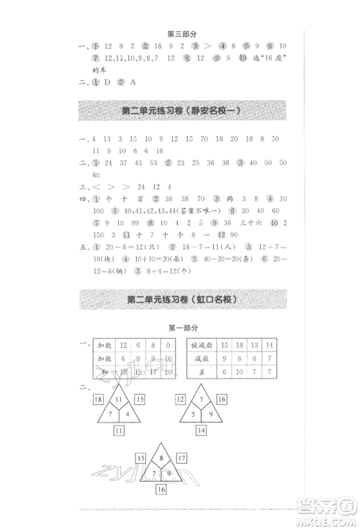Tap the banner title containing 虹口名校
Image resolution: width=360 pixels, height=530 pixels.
pos(181,299)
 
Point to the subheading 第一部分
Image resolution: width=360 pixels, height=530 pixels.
pos(180,327)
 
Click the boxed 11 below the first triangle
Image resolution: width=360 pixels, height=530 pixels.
pos(120,430)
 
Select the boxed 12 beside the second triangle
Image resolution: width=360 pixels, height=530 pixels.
pos(181,398)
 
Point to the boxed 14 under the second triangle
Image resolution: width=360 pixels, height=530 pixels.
pos(201,430)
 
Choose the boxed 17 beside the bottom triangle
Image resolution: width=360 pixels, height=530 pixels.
pos(181,457)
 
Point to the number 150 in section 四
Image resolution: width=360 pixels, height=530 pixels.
pos(97,235)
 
